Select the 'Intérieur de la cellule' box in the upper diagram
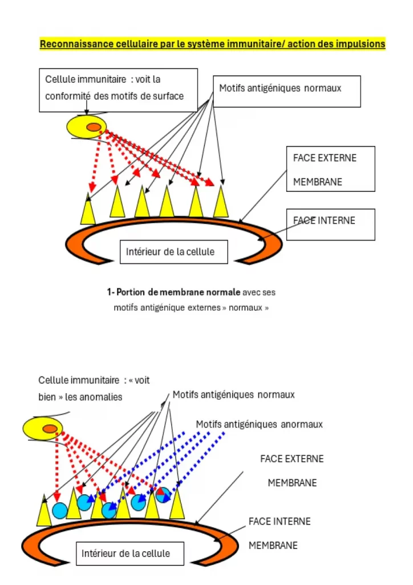(x=173, y=252)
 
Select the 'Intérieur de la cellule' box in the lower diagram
(x=130, y=553)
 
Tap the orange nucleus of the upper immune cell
(x=94, y=127)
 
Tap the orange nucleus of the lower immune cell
(x=50, y=428)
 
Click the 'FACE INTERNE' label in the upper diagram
(x=325, y=221)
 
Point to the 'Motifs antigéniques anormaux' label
(x=259, y=424)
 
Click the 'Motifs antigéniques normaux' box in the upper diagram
(x=287, y=91)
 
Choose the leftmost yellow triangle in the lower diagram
(x=44, y=512)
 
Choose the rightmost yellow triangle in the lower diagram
(x=177, y=505)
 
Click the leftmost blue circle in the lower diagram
(x=59, y=510)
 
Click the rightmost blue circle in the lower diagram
(x=164, y=495)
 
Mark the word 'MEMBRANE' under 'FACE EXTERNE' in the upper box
(x=318, y=182)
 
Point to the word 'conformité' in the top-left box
(x=68, y=96)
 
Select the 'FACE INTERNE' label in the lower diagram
(x=280, y=521)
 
